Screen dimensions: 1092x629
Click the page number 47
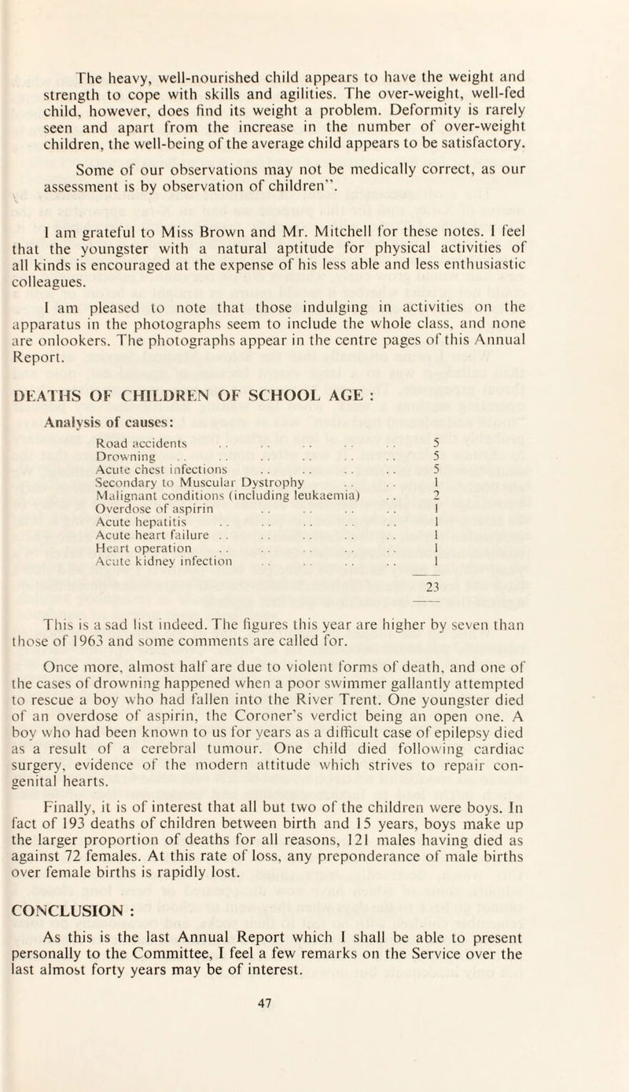314,1070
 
